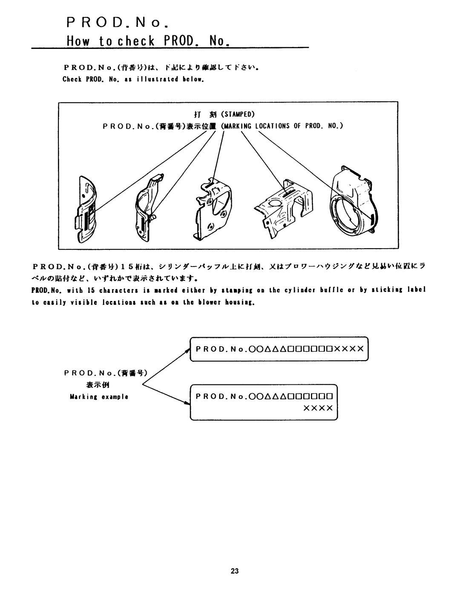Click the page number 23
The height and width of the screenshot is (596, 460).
[234, 571]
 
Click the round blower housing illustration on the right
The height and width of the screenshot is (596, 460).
[351, 204]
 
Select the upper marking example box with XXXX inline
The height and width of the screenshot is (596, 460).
[279, 348]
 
